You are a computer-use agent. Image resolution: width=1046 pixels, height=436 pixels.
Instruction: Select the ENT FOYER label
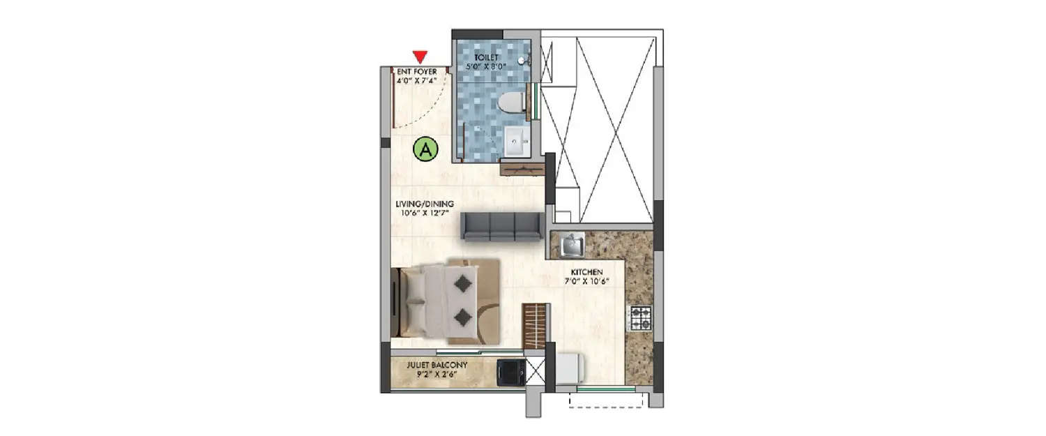point(416,71)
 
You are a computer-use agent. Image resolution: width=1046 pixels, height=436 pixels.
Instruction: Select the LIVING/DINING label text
point(425,204)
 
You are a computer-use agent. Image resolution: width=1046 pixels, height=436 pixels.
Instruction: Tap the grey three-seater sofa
point(501,227)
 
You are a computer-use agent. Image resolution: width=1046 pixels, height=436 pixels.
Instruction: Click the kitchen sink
point(573,245)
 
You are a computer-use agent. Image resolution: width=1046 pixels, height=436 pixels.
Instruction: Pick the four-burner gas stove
point(641,318)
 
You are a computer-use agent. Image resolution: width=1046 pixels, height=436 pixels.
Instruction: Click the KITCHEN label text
point(586,272)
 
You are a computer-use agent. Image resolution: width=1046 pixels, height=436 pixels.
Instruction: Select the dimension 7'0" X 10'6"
point(586,282)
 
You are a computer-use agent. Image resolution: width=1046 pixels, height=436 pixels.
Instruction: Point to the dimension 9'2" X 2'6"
point(437,374)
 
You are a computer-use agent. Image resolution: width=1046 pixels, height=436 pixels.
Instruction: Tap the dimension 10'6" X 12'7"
point(425,213)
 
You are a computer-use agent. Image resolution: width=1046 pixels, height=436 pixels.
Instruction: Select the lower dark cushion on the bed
point(461,318)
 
